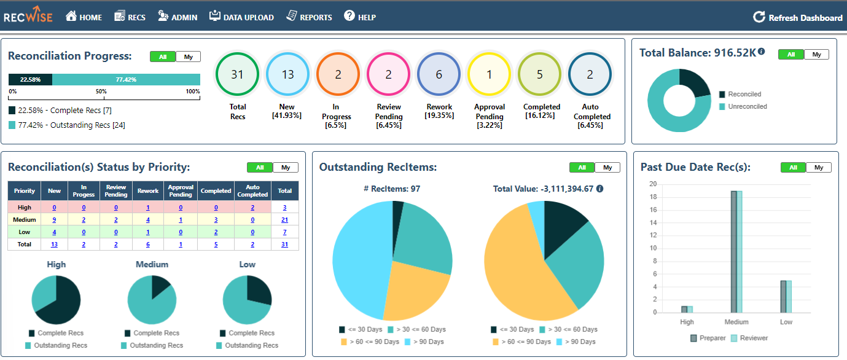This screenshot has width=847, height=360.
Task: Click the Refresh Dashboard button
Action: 798,18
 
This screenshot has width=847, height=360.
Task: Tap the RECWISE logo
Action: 28,17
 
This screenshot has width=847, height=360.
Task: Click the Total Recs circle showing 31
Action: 238,74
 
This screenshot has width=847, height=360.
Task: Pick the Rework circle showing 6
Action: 439,74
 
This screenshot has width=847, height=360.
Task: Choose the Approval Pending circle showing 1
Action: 489,74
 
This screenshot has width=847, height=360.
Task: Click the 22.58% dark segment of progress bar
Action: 30,80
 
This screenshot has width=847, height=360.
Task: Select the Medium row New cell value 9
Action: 54,220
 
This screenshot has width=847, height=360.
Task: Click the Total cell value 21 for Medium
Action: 284,220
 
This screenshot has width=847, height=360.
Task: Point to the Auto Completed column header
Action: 252,190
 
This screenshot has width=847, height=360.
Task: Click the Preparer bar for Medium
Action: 733,251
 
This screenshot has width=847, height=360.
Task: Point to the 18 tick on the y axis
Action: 652,197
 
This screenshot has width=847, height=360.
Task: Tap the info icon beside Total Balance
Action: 762,52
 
